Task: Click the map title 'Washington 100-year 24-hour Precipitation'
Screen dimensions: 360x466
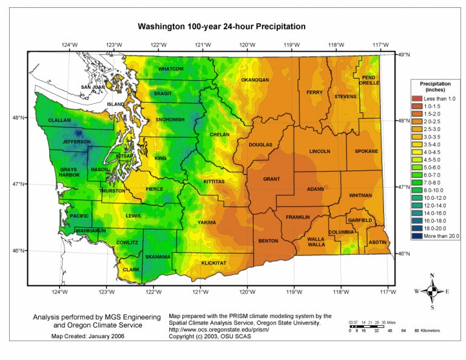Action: (221, 27)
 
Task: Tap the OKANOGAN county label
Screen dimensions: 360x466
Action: (255, 80)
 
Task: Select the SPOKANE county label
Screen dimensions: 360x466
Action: (366, 151)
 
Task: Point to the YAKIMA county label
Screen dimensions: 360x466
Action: (207, 223)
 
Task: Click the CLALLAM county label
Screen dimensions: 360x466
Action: (59, 121)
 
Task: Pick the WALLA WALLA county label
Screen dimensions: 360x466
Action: (316, 242)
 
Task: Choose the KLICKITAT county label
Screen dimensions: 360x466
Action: (214, 263)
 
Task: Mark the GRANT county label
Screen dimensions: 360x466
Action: (271, 179)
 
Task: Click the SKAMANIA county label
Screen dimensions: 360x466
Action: (159, 257)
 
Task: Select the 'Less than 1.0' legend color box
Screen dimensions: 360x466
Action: (416, 98)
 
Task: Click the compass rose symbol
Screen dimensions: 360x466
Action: (432, 291)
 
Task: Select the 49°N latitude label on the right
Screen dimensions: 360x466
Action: (404, 55)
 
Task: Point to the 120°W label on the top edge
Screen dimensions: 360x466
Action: (246, 46)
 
